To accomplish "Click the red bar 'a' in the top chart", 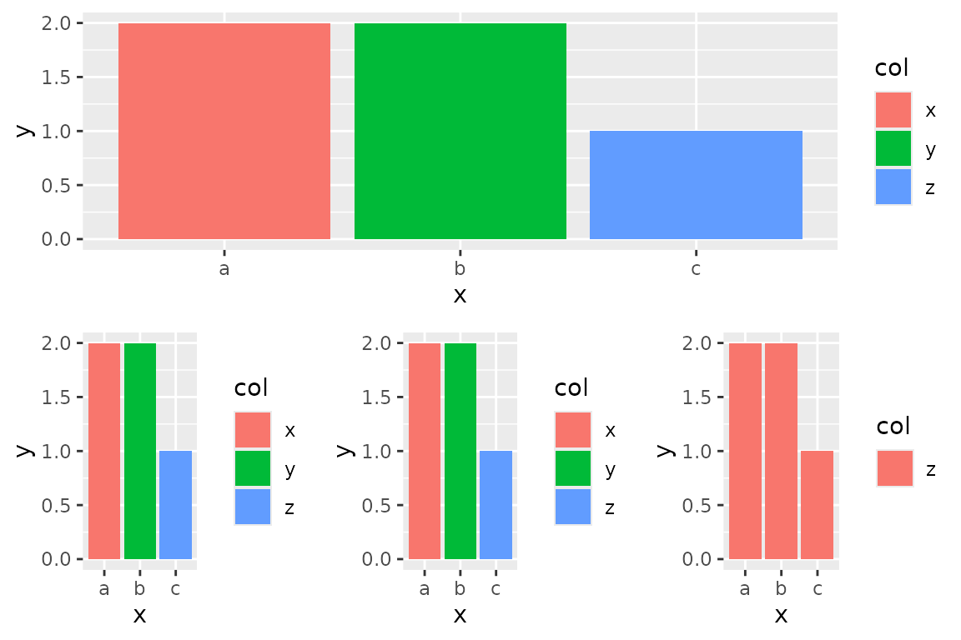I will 224,131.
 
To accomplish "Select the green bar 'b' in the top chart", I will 460,131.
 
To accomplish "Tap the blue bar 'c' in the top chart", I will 696,185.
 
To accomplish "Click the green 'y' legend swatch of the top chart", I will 893,148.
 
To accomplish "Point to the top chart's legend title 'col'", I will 891,68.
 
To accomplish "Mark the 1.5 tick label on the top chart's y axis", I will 61,77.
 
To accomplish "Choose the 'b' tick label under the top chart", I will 460,269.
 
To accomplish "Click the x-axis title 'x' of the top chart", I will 460,294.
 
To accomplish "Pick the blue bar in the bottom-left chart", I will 175,505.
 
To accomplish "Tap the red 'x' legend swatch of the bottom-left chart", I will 253,430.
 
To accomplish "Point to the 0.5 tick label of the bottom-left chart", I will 61,505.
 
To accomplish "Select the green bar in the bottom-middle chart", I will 460,451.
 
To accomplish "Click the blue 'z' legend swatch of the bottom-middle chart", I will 572,507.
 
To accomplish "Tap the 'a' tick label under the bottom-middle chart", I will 425,589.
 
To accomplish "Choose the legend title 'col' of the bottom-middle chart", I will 571,387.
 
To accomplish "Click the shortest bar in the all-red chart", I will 817,505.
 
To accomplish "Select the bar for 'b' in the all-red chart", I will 781,451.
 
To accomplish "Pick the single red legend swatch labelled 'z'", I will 895,468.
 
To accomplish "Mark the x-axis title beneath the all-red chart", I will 781,615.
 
